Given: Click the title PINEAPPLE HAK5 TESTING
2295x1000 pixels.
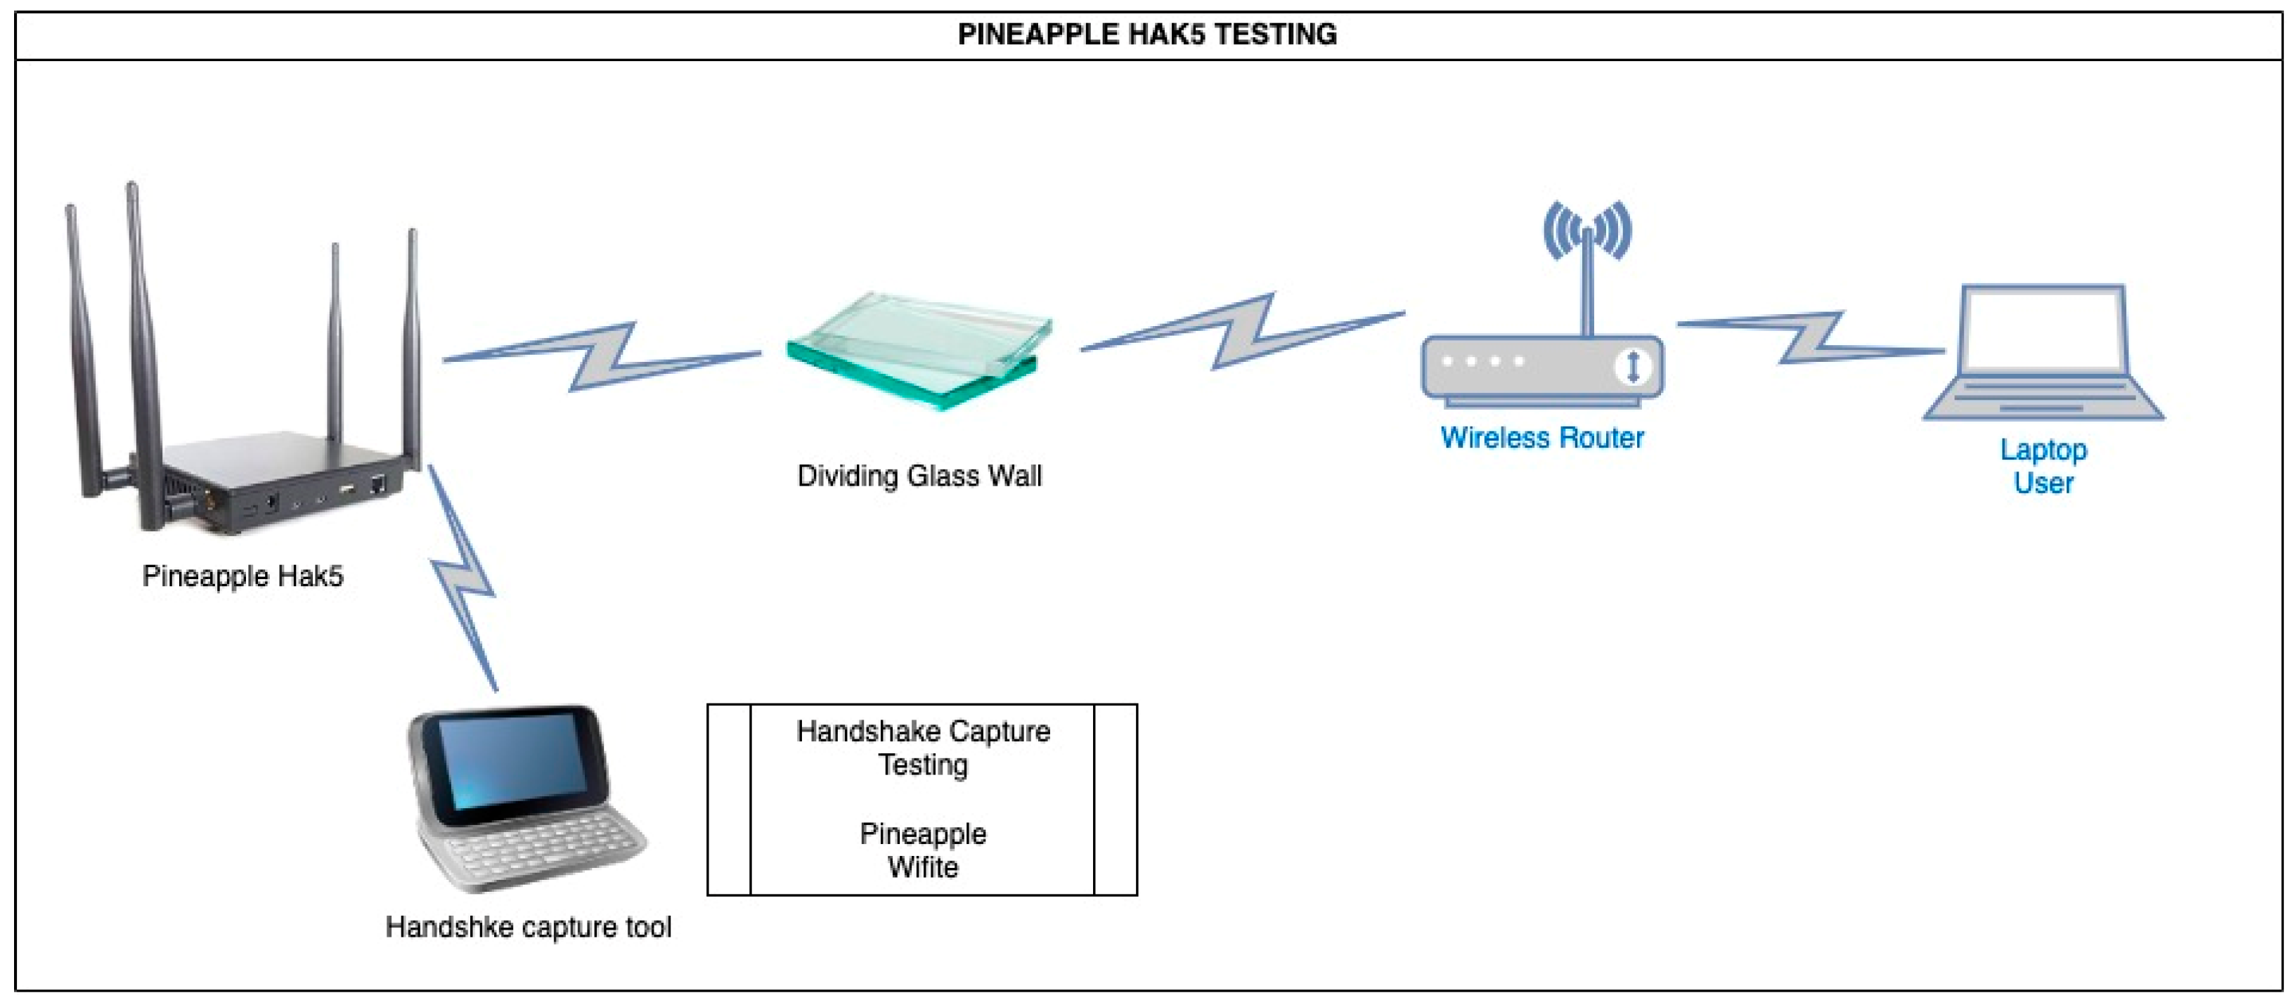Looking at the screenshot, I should pyautogui.click(x=1146, y=34).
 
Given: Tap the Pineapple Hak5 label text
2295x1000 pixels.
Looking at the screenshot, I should pyautogui.click(x=243, y=576).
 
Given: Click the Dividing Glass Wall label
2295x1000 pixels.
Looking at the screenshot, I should pyautogui.click(x=919, y=476).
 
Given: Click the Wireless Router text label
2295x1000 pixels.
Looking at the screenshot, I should pyautogui.click(x=1541, y=437).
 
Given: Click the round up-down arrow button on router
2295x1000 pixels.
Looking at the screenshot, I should pyautogui.click(x=1632, y=367).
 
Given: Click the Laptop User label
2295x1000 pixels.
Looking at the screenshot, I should pyautogui.click(x=2043, y=466).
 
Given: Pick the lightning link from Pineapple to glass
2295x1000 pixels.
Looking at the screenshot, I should pyautogui.click(x=602, y=356).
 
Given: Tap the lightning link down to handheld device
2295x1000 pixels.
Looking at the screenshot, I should pyautogui.click(x=463, y=579).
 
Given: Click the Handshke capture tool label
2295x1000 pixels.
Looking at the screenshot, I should pyautogui.click(x=529, y=927).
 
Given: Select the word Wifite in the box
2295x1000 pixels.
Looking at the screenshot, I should pyautogui.click(x=922, y=867).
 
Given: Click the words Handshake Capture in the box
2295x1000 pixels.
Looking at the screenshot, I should pyautogui.click(x=922, y=731).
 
